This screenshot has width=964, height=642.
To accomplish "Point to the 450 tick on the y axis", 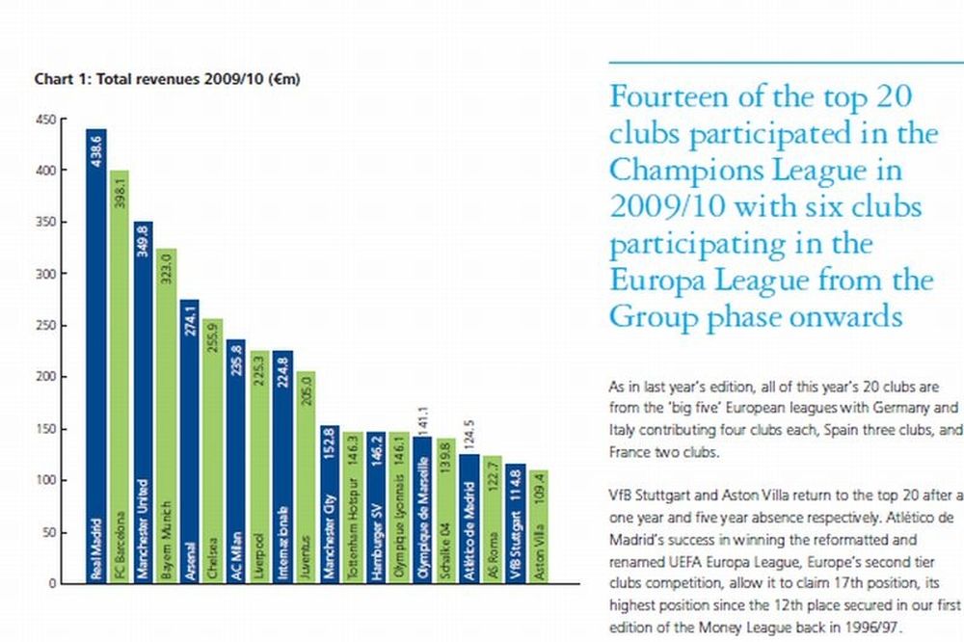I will click(x=46, y=120).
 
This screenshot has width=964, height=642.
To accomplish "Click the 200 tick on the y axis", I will click(x=46, y=377).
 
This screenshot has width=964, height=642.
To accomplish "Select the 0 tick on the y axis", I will click(x=53, y=583).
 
